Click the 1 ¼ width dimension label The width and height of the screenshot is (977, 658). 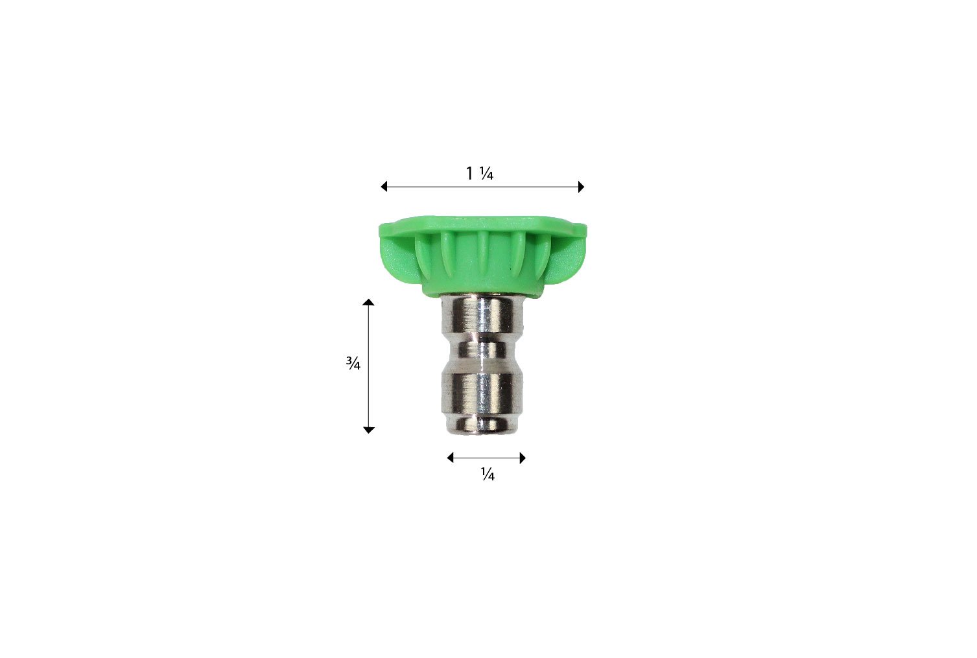(480, 174)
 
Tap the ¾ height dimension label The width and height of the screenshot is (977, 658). (353, 364)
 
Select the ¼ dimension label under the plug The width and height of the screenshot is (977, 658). (488, 476)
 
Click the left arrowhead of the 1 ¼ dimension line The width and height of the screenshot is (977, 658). (384, 187)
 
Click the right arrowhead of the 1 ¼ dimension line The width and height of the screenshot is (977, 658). (581, 187)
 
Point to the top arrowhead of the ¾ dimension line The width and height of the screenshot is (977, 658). (369, 302)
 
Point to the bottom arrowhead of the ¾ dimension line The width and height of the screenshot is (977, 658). (369, 429)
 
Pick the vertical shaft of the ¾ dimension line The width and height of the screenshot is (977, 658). (369, 366)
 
